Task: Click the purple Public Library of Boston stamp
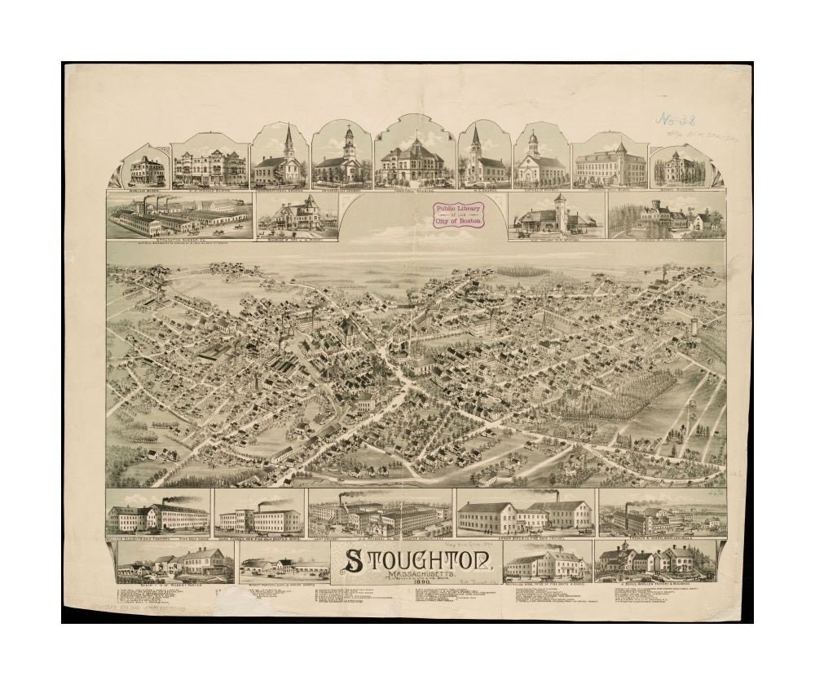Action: click(x=459, y=214)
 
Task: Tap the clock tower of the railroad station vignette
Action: click(x=559, y=210)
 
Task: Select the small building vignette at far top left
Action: click(x=147, y=170)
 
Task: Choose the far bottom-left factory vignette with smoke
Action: click(x=158, y=513)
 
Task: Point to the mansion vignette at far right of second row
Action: click(x=666, y=216)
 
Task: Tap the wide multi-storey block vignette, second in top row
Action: click(x=209, y=164)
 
